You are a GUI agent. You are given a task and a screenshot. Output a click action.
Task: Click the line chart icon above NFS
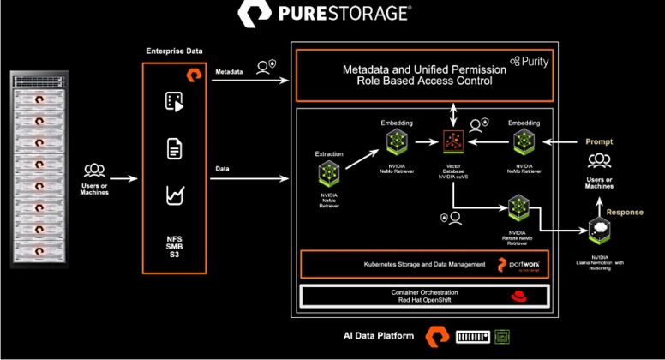(x=175, y=196)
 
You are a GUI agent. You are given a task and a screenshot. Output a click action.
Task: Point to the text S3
(x=174, y=257)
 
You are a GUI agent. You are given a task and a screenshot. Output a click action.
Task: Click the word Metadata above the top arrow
(x=233, y=72)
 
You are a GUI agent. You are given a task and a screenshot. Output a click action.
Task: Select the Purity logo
(x=529, y=62)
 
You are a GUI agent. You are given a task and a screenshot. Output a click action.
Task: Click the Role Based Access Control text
(x=417, y=81)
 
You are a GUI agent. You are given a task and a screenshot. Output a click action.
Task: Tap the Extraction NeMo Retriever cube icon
(x=330, y=176)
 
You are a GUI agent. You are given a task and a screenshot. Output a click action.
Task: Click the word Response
(x=625, y=212)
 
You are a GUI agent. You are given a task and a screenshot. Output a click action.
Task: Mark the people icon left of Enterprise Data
(x=95, y=171)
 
